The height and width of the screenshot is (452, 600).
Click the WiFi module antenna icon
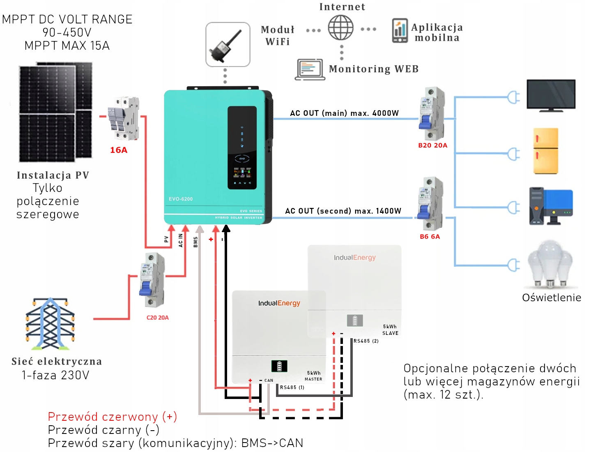pos(228,45)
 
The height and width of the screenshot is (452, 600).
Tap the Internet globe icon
pos(340,28)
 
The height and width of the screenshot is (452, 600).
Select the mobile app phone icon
pos(400,31)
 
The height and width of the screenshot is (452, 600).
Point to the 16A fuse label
pos(119,150)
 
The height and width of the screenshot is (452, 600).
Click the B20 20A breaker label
pos(432,145)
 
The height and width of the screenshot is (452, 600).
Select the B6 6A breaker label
pos(430,237)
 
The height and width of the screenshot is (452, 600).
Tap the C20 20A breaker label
pos(158,318)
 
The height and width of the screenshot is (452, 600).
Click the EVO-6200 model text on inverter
pos(181,199)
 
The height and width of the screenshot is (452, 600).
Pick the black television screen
pos(551,95)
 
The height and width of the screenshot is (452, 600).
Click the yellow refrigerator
pos(546,151)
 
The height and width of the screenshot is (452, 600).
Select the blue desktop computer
pos(551,206)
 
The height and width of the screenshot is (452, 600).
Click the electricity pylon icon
pos(51,323)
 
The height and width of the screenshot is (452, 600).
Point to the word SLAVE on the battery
pos(390,333)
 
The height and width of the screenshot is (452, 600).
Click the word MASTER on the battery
pos(313,379)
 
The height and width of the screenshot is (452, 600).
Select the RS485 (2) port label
pos(366,341)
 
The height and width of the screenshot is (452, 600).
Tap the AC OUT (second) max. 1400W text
pos(343,211)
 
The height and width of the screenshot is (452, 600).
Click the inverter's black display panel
pos(242,148)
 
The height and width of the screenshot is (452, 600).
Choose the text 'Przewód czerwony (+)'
pos(112,417)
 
